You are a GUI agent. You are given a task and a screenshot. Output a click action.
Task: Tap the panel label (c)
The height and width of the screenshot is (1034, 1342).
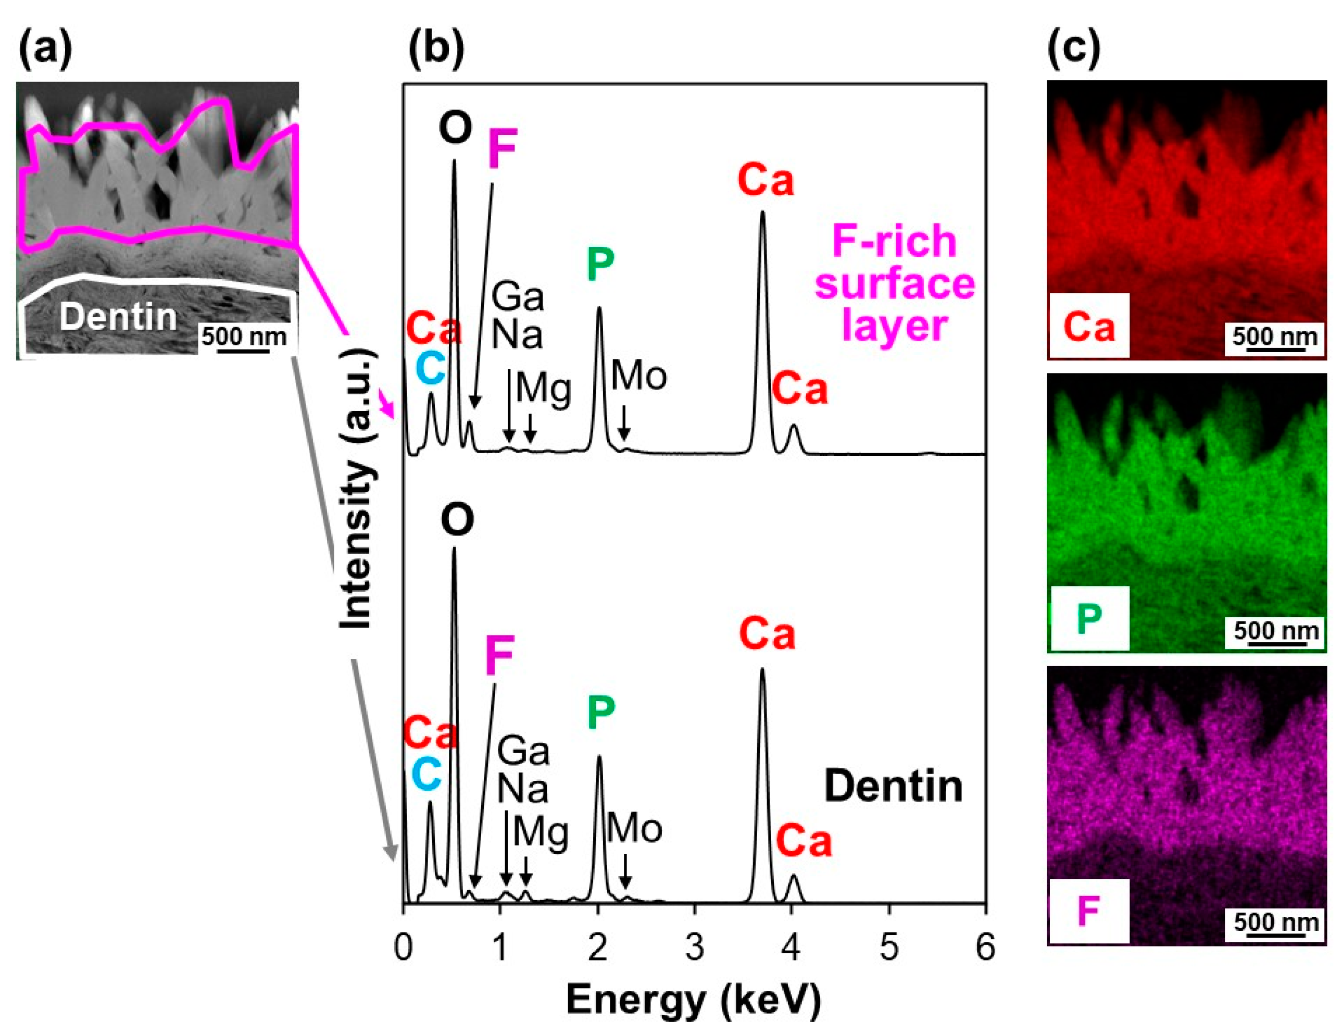pos(1073,48)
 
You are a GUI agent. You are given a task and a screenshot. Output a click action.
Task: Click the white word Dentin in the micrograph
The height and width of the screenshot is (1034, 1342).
pos(118,317)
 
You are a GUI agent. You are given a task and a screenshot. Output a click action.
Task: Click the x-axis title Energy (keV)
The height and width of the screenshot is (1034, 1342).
pos(694,1001)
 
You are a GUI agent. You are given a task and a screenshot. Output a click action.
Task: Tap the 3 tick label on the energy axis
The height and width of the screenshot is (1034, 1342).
pos(694,948)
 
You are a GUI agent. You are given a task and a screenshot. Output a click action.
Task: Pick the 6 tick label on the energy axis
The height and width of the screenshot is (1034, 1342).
pos(985,948)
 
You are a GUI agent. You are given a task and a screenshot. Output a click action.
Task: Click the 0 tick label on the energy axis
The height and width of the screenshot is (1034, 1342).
pos(403,948)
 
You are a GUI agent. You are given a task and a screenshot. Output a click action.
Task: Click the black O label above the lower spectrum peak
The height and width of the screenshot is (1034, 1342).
pos(457,520)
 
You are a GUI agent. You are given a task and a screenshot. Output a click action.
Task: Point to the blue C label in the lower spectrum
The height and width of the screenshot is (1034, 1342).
pos(427,773)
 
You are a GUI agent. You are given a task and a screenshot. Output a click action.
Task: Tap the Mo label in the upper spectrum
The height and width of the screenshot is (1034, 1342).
pos(638,376)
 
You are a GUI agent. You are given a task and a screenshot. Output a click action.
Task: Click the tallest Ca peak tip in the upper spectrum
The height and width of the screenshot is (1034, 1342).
pos(762,212)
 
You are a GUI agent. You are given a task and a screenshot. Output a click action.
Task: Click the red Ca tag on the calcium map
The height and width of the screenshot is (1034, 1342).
pos(1089,327)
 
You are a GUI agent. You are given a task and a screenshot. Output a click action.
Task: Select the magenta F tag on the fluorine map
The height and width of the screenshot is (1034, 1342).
pos(1088,912)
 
